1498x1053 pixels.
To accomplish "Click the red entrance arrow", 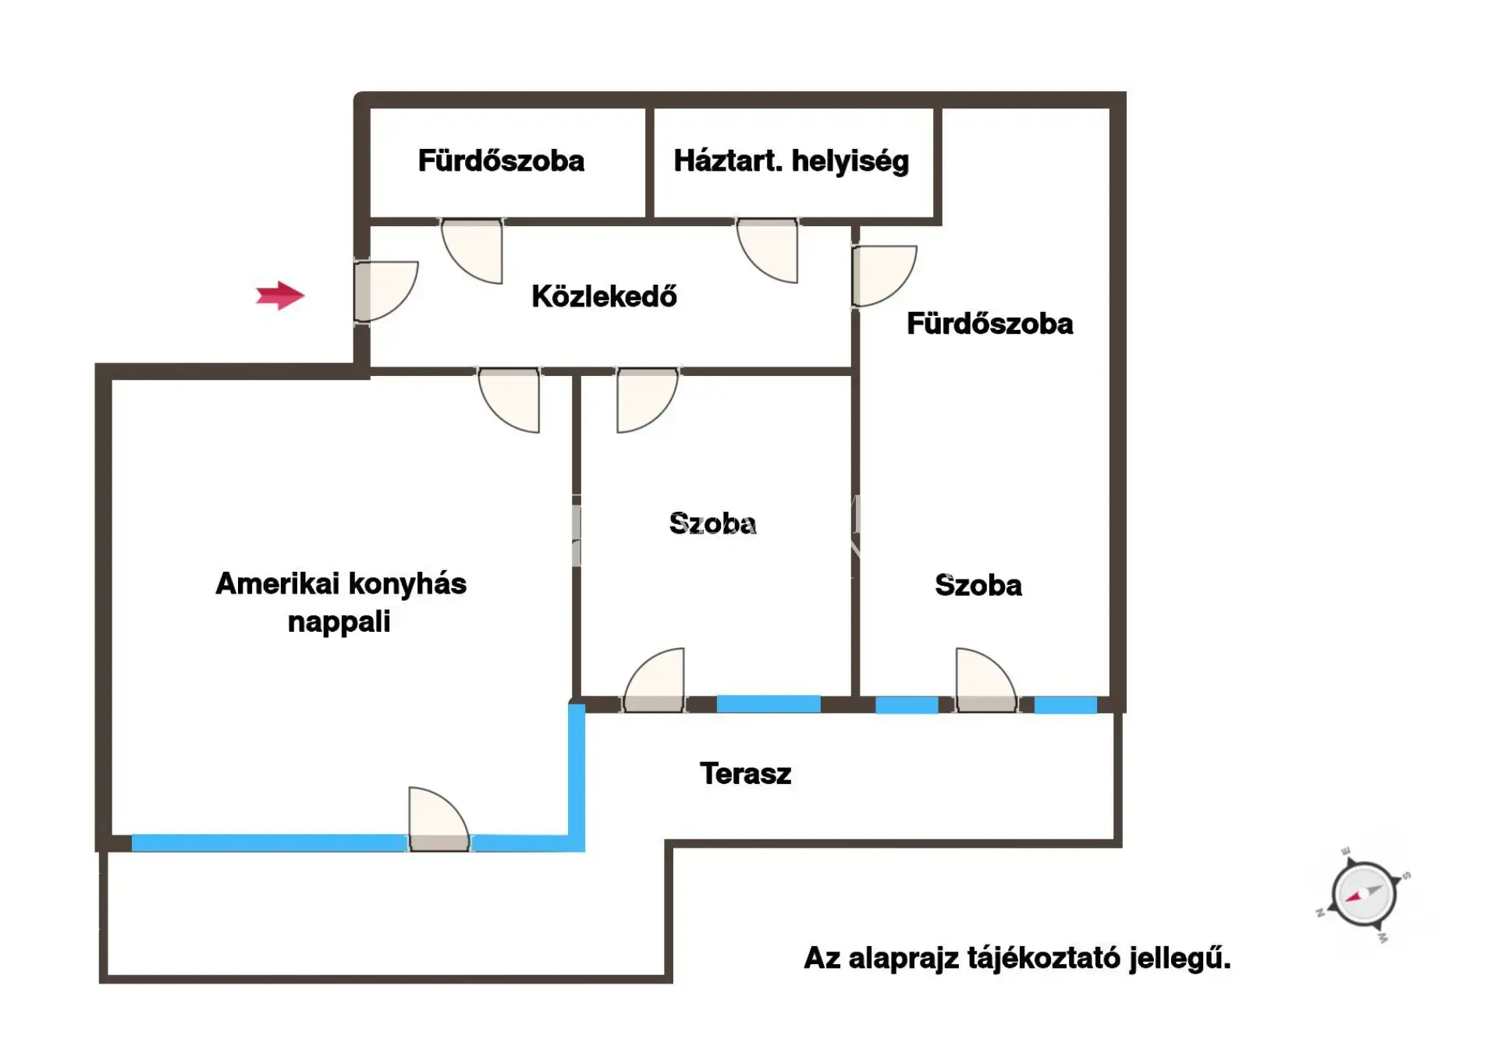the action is (x=279, y=296).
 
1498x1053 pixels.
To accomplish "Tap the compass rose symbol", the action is (x=1363, y=894).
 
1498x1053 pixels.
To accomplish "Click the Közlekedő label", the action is (x=604, y=296).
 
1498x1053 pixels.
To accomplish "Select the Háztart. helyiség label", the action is (x=791, y=161).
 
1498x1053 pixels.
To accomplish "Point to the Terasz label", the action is (x=745, y=774).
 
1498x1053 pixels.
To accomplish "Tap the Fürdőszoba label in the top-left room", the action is (x=501, y=161).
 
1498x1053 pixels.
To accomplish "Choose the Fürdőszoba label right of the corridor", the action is (x=989, y=324).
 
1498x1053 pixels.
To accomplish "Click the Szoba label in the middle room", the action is (x=712, y=523).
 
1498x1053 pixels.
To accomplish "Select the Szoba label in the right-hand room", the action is (x=978, y=585).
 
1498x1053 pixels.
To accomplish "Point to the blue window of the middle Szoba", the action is (x=769, y=704).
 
